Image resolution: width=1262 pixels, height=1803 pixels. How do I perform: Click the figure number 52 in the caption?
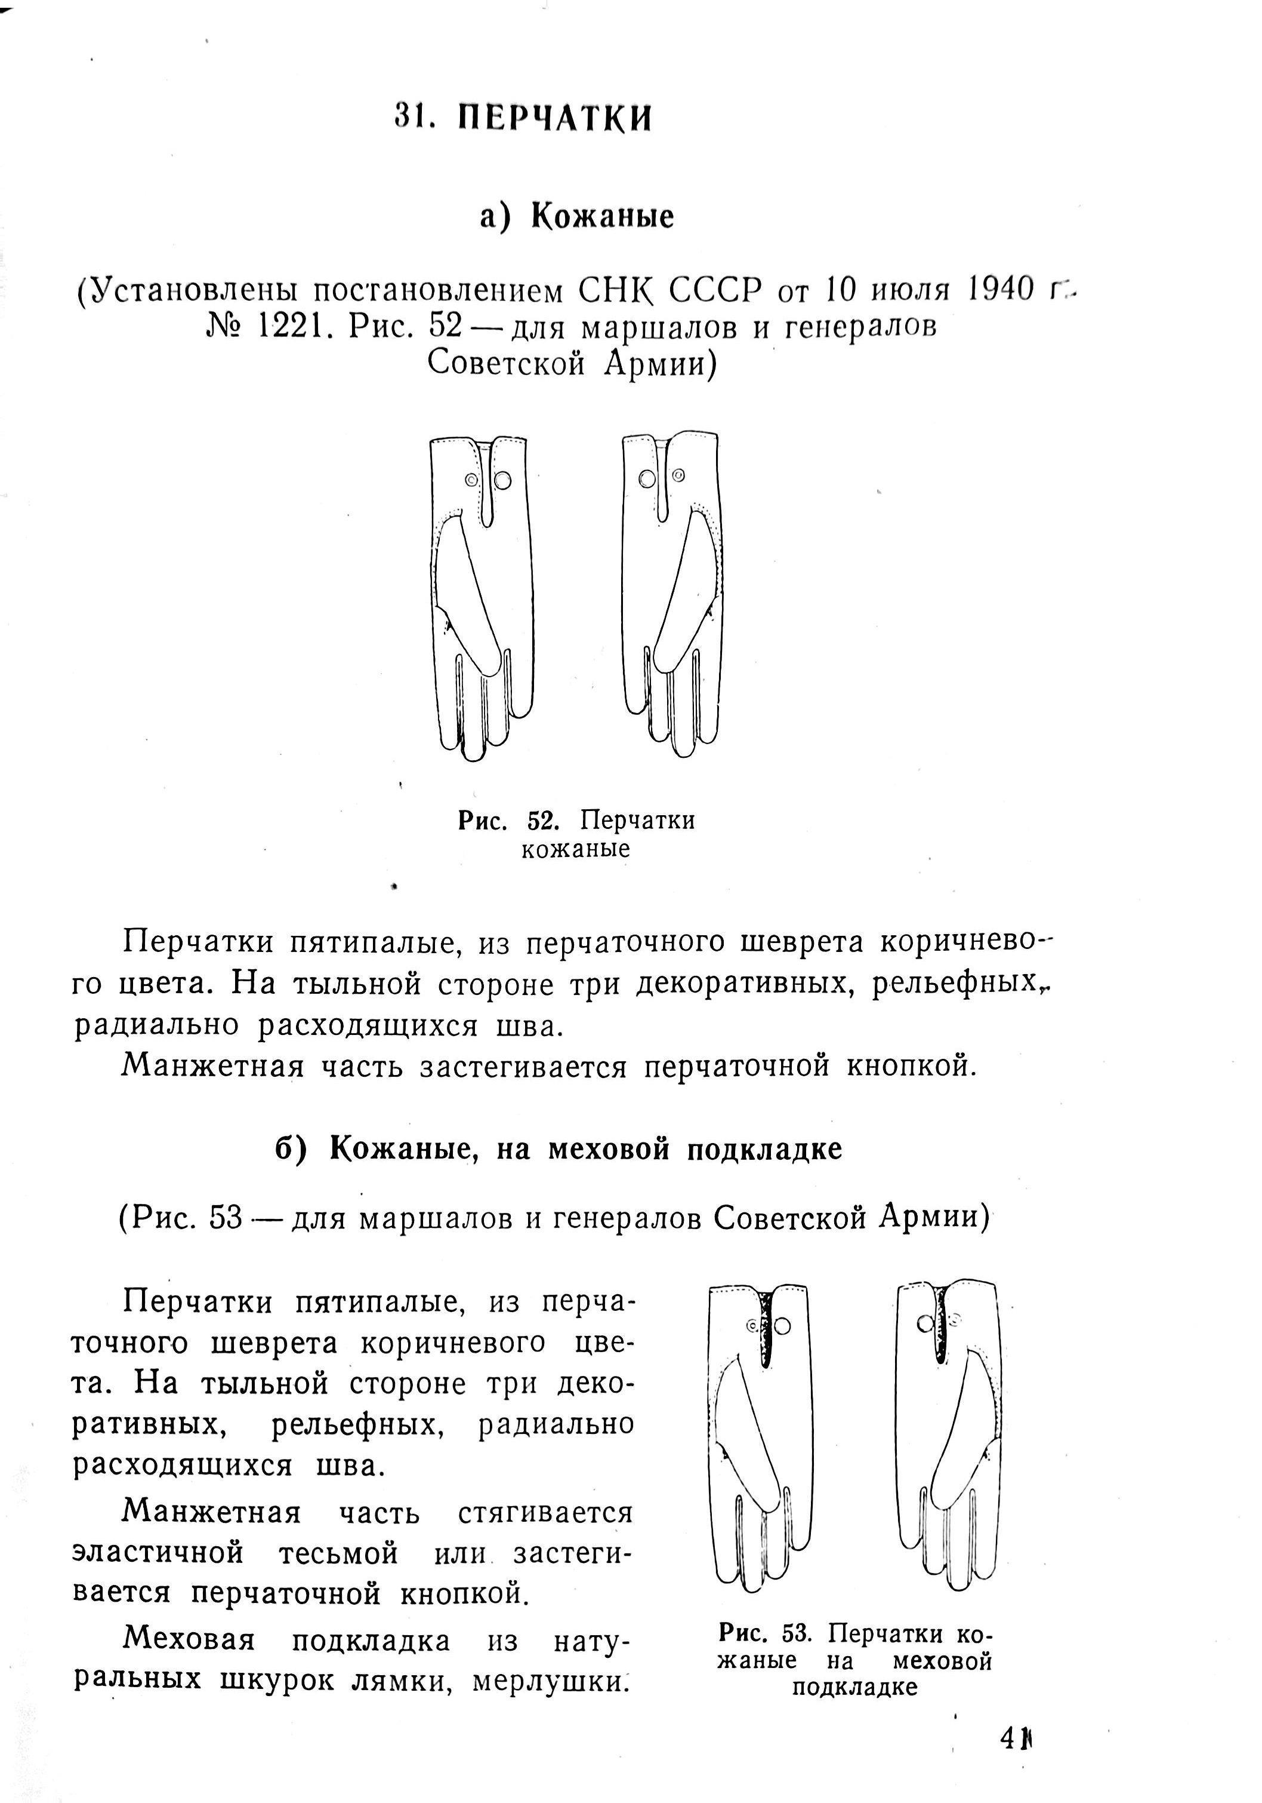click(542, 821)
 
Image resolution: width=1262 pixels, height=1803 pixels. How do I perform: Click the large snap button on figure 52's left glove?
click(503, 479)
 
